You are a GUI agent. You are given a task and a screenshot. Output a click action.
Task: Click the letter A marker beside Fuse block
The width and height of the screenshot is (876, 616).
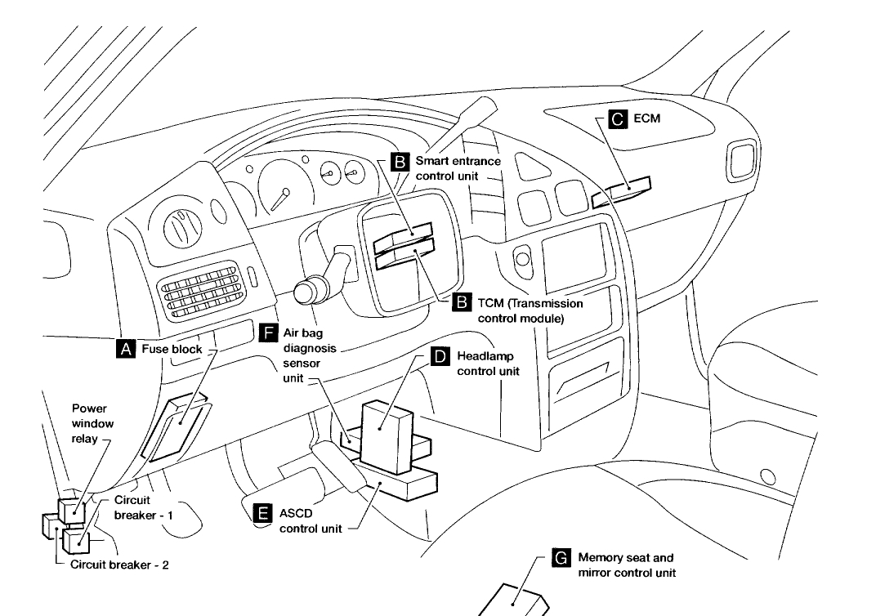coord(126,349)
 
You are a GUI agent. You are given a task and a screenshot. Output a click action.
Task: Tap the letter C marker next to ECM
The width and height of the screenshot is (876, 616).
coord(617,119)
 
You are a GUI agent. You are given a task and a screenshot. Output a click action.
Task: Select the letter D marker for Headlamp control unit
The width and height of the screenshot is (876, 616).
coord(439,356)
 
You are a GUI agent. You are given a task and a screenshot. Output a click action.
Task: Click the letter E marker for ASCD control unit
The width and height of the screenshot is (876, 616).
coord(262,512)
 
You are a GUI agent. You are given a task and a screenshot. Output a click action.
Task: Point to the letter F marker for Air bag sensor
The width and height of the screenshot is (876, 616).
coord(267,333)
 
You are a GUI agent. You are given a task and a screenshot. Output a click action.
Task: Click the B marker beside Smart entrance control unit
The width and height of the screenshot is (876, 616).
coord(400,161)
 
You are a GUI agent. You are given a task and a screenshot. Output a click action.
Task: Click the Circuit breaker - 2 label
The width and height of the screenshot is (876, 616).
coord(119,565)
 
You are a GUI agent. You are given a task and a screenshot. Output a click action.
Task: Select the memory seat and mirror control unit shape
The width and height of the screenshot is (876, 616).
coord(513,600)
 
